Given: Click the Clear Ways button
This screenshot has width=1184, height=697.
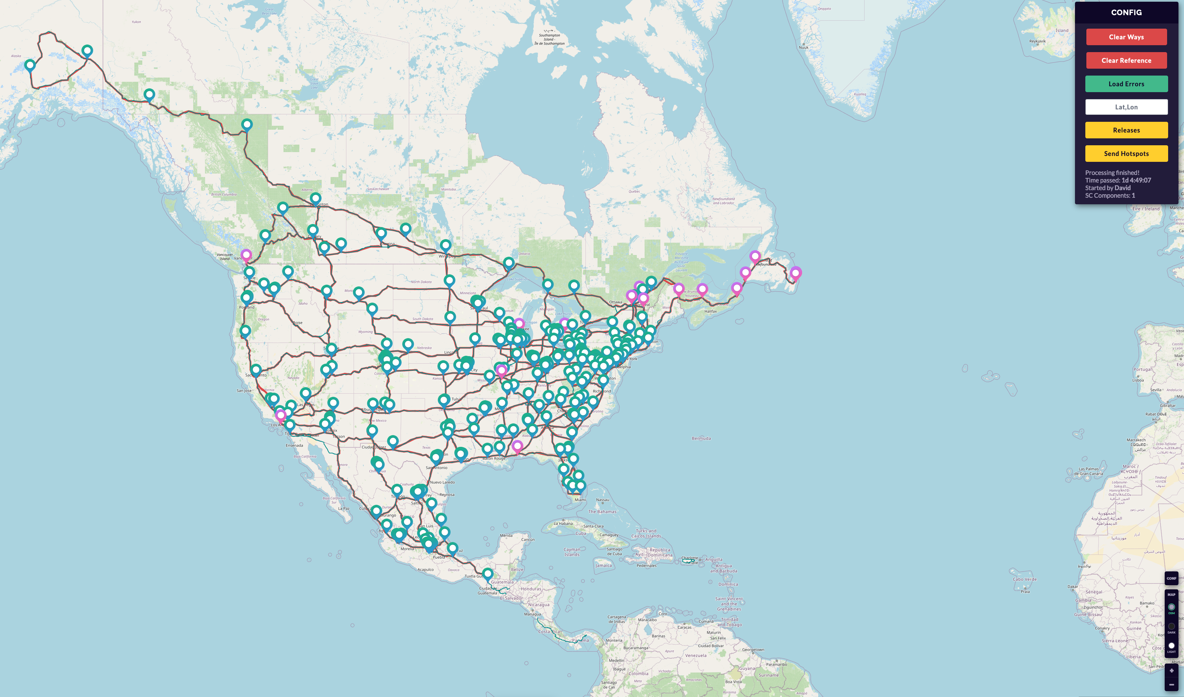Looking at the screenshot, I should [x=1126, y=37].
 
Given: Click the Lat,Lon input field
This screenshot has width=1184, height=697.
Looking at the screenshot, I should [x=1126, y=107].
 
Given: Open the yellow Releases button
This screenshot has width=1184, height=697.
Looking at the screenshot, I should [x=1126, y=130].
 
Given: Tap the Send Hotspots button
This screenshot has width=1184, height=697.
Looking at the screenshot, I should [x=1126, y=154].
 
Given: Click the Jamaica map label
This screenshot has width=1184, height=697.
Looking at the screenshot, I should [x=603, y=566].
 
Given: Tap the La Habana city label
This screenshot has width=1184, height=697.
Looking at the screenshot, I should [x=563, y=523].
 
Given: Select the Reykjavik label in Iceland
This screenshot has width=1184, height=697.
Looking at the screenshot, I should [x=1037, y=41].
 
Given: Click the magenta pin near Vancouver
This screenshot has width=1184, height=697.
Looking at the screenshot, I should [x=246, y=255].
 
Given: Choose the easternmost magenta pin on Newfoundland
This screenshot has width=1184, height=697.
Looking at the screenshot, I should [x=796, y=273].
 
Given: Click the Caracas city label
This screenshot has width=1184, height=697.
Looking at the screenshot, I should [x=684, y=627].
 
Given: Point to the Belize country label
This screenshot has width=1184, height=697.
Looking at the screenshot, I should [x=517, y=569].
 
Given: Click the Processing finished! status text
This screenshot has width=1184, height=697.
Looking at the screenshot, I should [x=1112, y=173].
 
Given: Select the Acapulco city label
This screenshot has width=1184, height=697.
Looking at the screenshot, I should [x=425, y=569].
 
